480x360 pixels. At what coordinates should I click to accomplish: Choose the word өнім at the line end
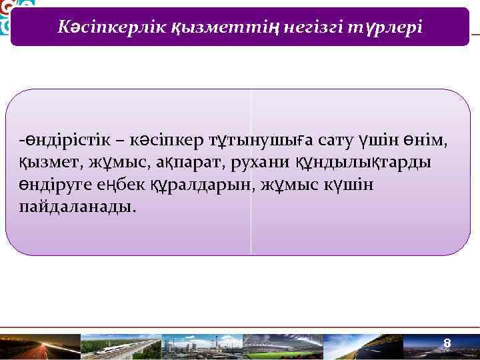click(x=428, y=142)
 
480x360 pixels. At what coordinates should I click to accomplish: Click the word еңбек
click(x=119, y=185)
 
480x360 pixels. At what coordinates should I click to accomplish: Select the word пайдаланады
click(x=77, y=206)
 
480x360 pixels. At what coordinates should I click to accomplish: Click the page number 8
click(x=448, y=343)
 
